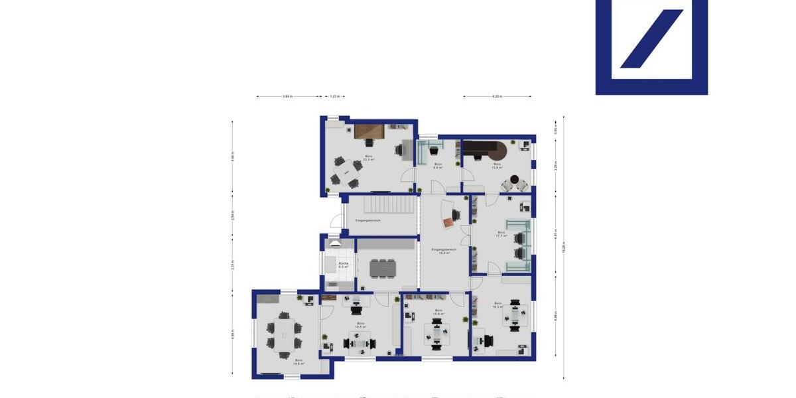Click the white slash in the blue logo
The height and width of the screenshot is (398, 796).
[x=651, y=38]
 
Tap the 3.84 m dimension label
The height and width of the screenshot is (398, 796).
[x=287, y=97]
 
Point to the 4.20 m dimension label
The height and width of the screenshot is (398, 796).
[x=497, y=97]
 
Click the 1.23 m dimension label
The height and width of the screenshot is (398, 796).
[x=334, y=97]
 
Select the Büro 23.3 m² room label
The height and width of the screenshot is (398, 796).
[x=368, y=159]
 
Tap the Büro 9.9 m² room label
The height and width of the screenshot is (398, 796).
[x=438, y=166]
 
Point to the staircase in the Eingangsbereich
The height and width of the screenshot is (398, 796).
[x=382, y=206]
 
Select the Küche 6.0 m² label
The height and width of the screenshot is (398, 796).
[x=344, y=265]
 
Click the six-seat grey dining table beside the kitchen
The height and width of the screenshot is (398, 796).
[x=382, y=267]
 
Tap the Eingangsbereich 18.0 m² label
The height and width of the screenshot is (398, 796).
[x=444, y=251]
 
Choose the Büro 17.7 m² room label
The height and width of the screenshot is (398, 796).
[x=501, y=234]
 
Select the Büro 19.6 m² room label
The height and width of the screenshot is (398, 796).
[x=299, y=362]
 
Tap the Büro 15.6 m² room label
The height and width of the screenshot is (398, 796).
[x=438, y=312]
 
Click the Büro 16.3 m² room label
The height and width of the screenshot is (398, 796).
[x=497, y=305]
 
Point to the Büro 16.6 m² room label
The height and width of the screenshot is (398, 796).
[x=361, y=325]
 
